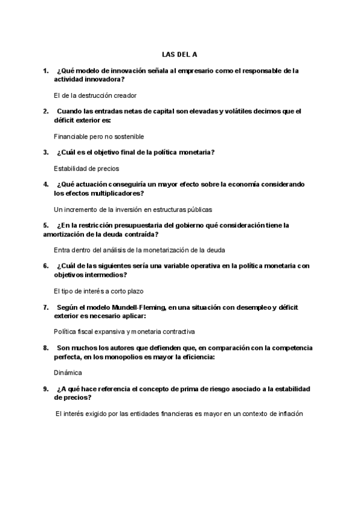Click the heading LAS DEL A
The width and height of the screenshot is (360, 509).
[179, 54]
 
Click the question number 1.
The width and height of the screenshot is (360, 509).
[46, 71]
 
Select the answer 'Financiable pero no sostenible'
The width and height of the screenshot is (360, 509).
[99, 136]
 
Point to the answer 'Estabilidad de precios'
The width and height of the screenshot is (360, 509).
[86, 169]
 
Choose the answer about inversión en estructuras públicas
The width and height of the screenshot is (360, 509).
[133, 209]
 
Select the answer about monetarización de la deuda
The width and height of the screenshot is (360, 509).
[139, 250]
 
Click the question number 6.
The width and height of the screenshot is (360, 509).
[46, 266]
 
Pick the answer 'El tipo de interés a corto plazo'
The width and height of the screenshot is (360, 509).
[99, 291]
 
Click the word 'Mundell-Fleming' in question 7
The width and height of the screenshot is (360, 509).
[139, 307]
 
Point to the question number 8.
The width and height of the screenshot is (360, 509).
[46, 348]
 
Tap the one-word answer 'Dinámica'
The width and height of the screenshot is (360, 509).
[68, 372]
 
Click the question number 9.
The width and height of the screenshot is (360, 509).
[46, 389]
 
